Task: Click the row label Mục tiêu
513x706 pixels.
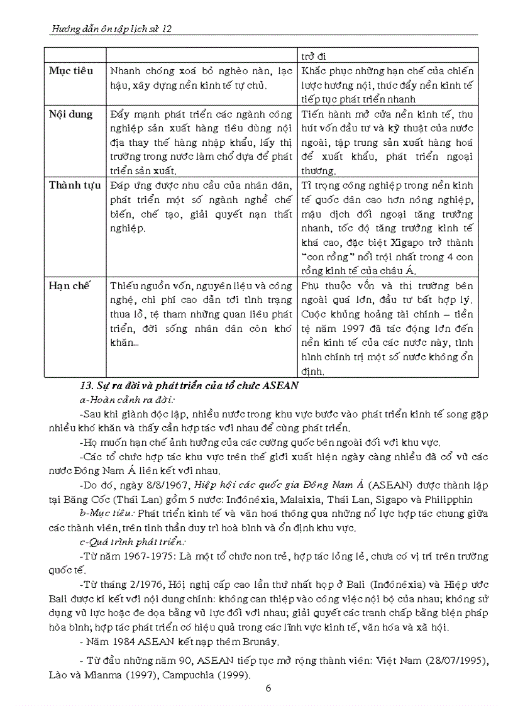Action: [x=70, y=71]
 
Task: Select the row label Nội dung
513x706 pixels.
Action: [x=70, y=114]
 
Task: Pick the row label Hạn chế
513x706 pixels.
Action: [x=70, y=285]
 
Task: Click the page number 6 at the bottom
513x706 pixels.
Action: [x=268, y=688]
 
